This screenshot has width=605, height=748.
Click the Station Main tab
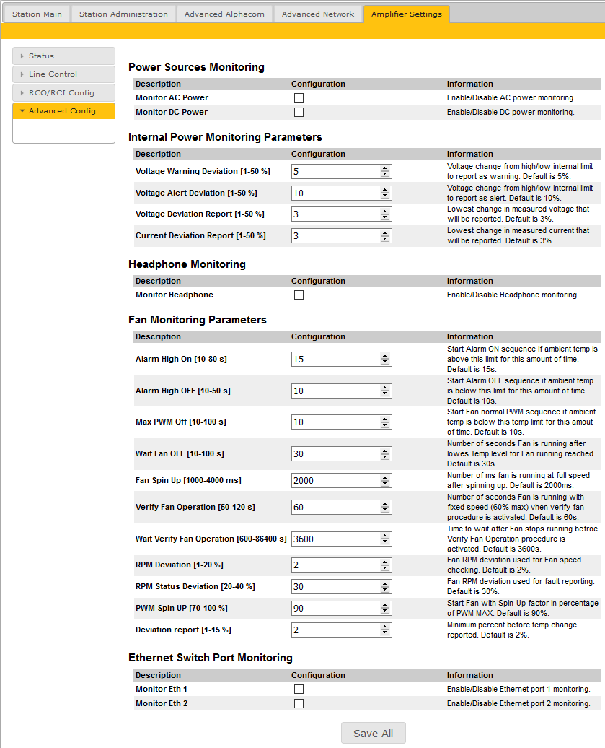(x=37, y=14)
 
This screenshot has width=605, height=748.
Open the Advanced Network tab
(x=318, y=14)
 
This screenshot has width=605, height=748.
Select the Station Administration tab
(x=123, y=14)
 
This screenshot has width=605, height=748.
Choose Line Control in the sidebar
(x=63, y=74)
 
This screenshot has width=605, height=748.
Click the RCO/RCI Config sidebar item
(x=63, y=93)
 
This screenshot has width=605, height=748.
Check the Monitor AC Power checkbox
(x=299, y=97)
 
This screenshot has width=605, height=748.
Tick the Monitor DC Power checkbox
(x=299, y=112)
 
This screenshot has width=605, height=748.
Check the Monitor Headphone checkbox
(x=299, y=295)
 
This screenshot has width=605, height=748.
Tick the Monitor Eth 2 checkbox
(x=299, y=703)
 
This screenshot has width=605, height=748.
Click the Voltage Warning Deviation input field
(x=336, y=171)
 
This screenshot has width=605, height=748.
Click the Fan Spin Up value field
(x=336, y=480)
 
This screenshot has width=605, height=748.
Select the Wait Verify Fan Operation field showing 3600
(x=336, y=539)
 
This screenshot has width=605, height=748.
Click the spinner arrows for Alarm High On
(x=385, y=359)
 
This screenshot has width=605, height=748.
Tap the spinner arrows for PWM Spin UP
(x=385, y=608)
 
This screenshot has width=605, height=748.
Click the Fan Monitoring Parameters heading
(x=197, y=320)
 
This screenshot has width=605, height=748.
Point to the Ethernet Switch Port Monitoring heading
(x=210, y=658)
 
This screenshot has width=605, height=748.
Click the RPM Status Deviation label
(x=195, y=586)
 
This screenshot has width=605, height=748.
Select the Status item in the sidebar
(x=63, y=56)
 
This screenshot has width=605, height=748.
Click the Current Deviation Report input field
(x=336, y=236)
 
